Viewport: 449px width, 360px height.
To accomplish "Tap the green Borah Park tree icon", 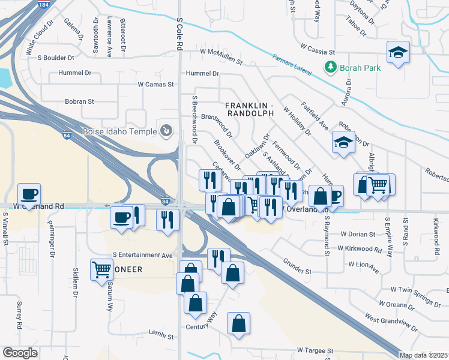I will [330, 67].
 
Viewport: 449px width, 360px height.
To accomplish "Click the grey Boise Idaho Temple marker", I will [166, 130].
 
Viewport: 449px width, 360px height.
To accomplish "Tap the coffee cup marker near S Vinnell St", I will [29, 194].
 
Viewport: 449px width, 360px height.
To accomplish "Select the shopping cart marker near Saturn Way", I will [102, 269].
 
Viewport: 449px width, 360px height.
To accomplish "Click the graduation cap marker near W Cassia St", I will [398, 53].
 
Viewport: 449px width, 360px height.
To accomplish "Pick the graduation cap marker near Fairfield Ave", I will [343, 143].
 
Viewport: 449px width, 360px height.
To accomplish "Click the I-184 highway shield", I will [43, 5].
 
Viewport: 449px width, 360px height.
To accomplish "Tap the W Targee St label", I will [315, 350].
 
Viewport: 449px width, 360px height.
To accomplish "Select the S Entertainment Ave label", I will [142, 256].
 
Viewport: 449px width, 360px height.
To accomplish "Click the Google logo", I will [20, 353].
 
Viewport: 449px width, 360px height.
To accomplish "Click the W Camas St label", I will [155, 85].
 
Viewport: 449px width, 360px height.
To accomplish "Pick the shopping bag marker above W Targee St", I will [238, 323].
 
